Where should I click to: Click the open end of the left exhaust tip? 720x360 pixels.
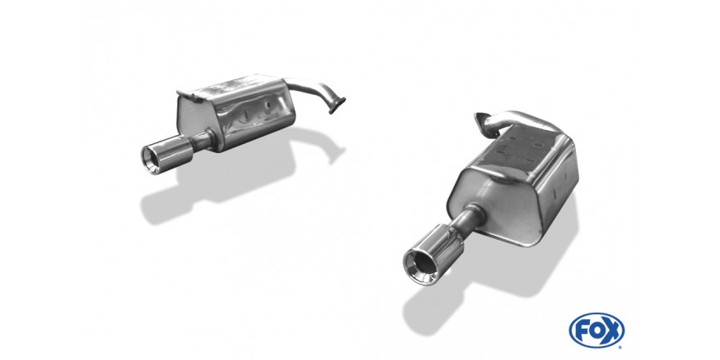151,160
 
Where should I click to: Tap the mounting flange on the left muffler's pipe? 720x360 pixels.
337,106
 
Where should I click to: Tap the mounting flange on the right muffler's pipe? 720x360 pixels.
481,119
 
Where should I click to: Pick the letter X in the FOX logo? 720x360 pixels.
613,331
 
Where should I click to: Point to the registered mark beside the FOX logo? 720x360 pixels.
621,346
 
